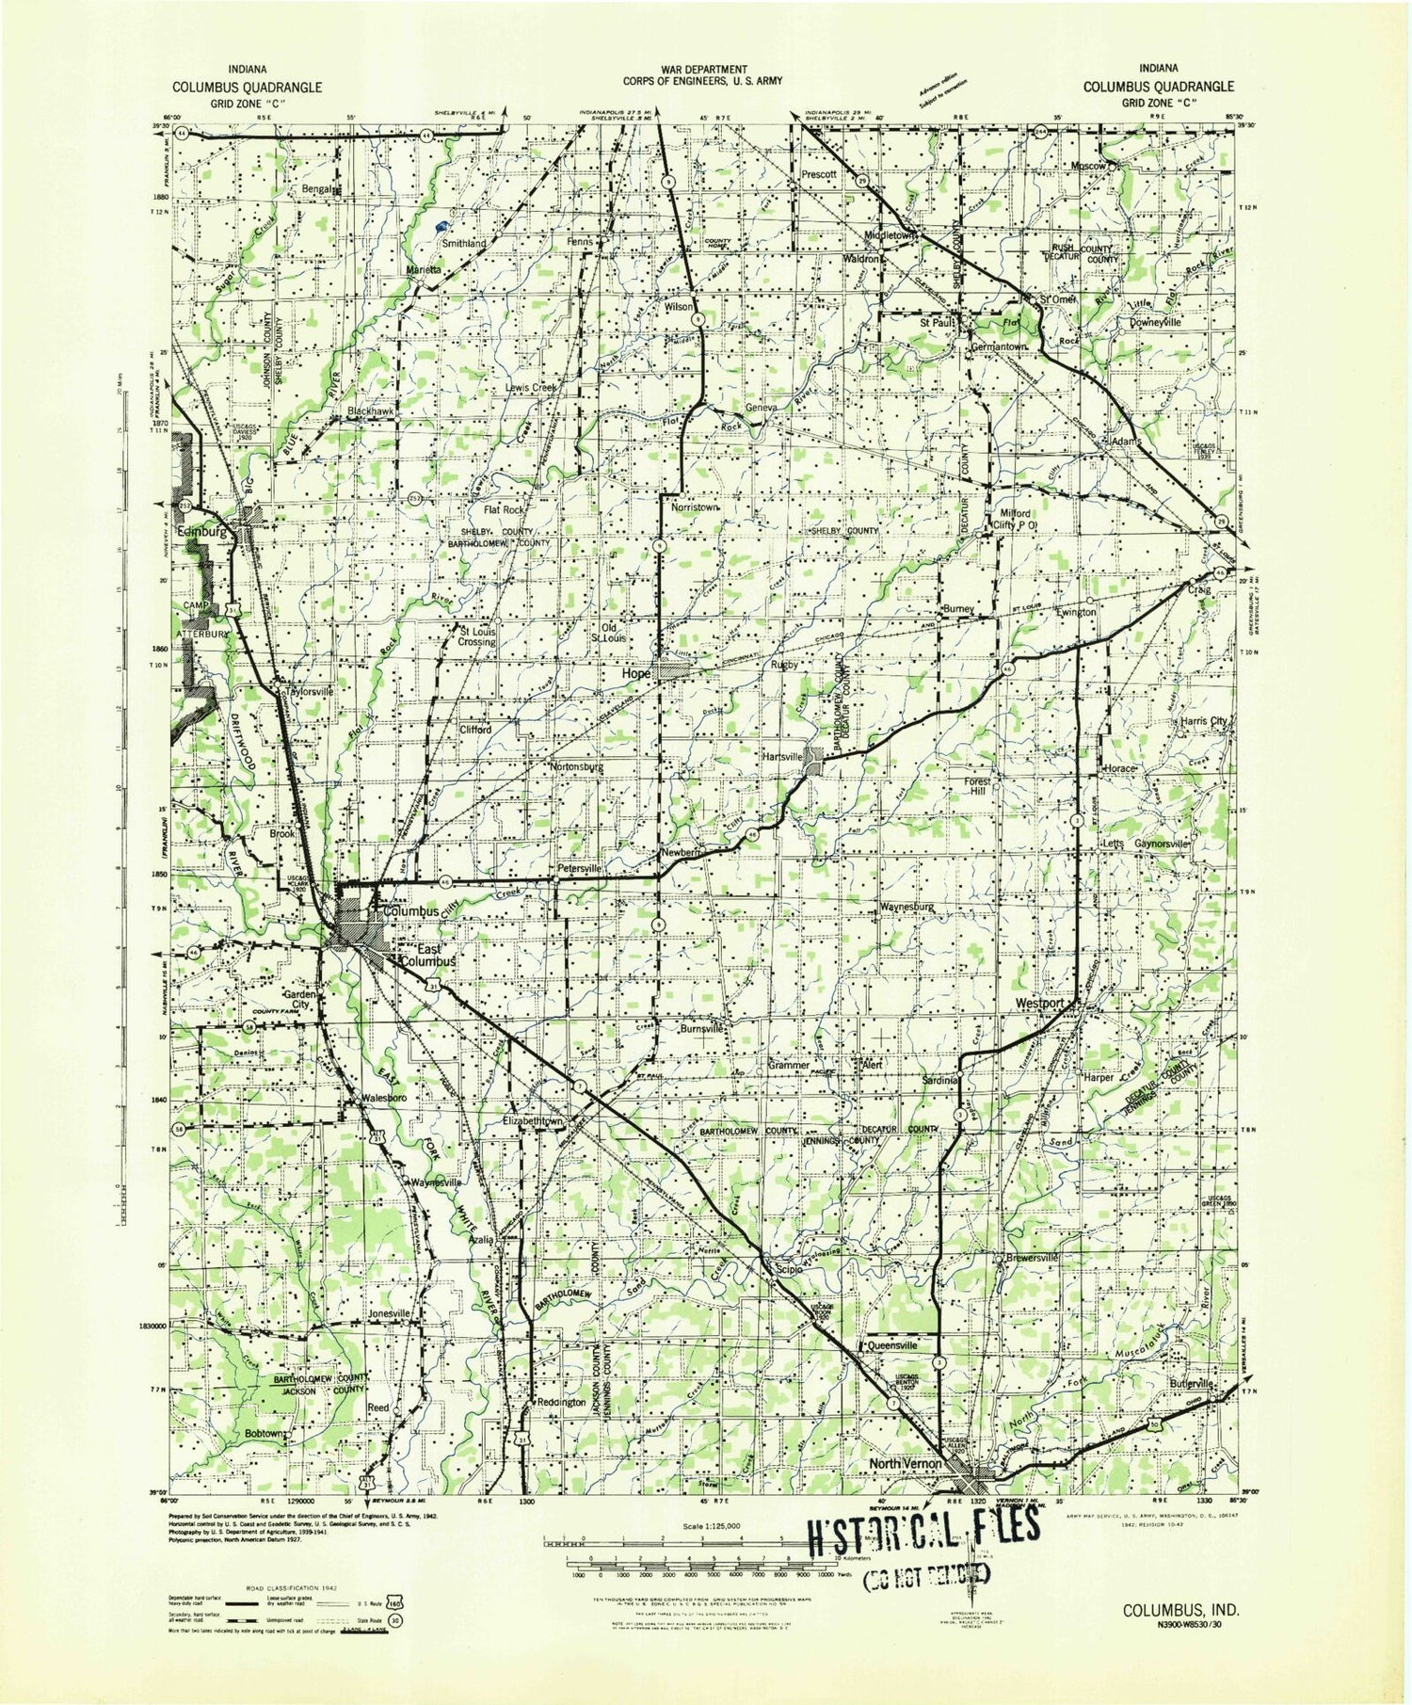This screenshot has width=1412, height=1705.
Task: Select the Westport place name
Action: pos(1039,1004)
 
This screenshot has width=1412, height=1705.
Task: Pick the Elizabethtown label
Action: pos(534,1122)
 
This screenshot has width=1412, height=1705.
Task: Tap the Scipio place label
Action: pos(789,1269)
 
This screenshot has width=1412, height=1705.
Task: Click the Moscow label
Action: pos(1086,166)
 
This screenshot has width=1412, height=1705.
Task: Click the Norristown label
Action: pos(696,507)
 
